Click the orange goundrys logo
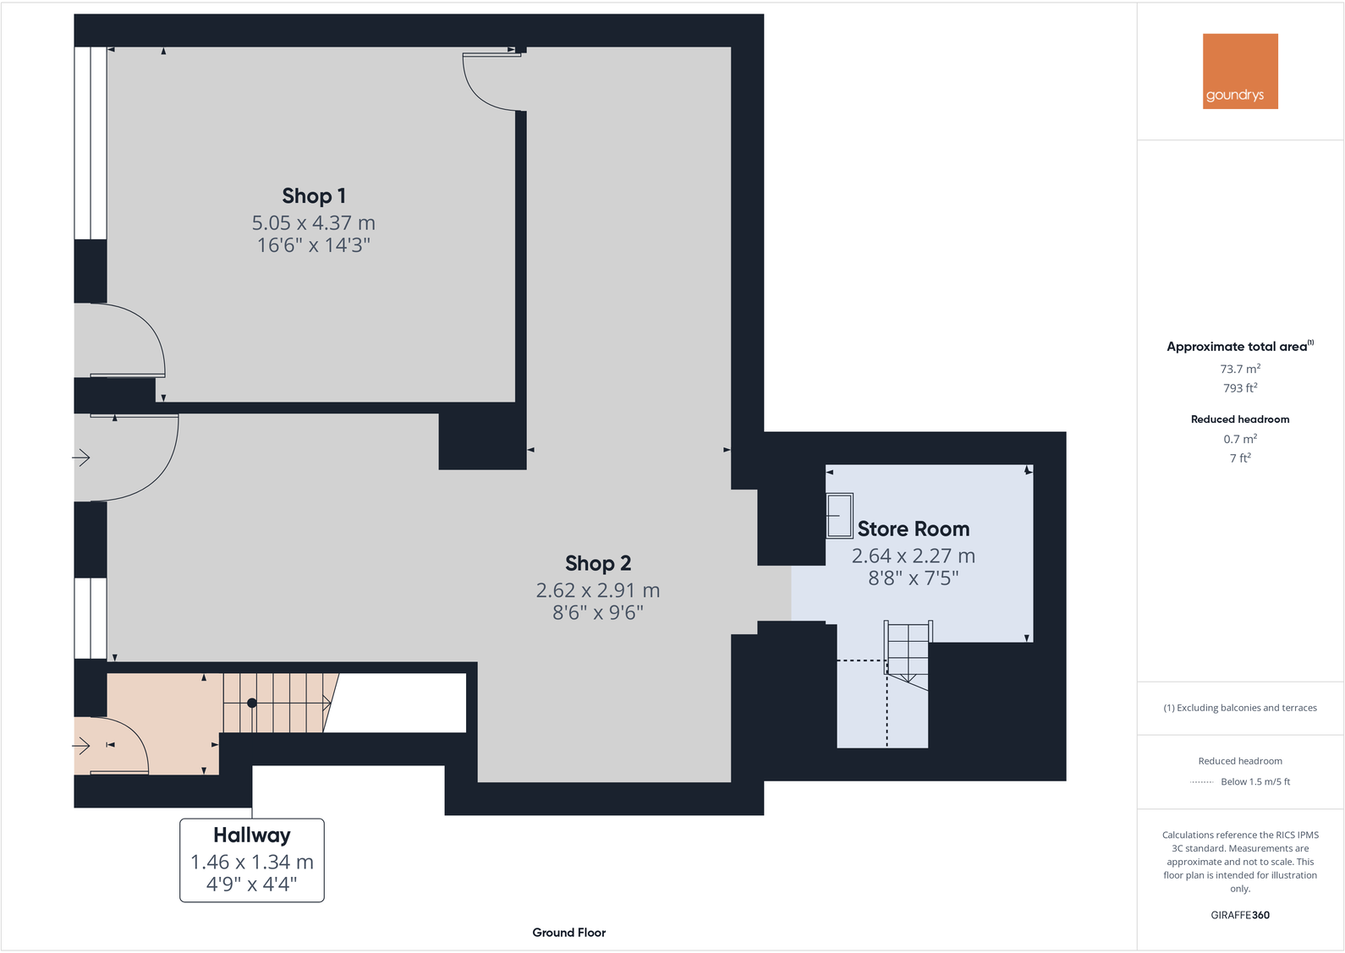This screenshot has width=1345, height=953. click(1240, 71)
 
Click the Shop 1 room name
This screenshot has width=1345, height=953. click(314, 196)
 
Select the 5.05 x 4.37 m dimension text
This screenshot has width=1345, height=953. click(313, 223)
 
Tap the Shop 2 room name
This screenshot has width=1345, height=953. click(598, 563)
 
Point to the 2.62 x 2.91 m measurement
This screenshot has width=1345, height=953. click(597, 590)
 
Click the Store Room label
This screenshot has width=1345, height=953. click(914, 529)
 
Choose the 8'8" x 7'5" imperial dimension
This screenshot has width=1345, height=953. click(914, 578)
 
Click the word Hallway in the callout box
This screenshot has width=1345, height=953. click(252, 835)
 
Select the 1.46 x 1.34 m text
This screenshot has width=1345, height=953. click(252, 863)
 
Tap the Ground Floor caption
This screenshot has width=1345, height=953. click(568, 933)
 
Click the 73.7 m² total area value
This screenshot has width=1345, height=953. click(1240, 370)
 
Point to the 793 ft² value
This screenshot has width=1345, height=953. click(1240, 388)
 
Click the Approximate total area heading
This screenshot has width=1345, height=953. click(1237, 347)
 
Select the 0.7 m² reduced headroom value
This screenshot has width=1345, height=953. click(1240, 439)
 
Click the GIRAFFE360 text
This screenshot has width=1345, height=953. click(1240, 915)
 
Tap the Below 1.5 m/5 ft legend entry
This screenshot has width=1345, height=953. click(1255, 782)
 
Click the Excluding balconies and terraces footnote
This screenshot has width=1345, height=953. click(1240, 708)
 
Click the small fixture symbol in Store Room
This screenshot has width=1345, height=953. click(840, 516)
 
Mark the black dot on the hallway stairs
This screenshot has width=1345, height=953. click(252, 703)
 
